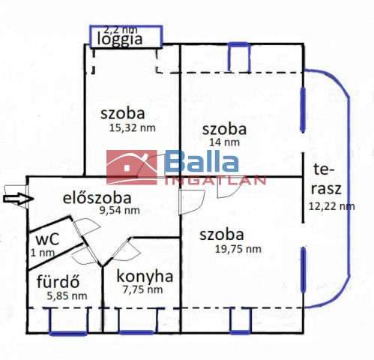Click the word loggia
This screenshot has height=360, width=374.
(120, 39)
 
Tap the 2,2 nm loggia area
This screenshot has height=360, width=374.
(121, 30)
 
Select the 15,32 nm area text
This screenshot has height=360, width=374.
(133, 128)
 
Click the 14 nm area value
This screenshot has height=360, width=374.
(224, 142)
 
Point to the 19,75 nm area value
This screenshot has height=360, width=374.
(238, 249)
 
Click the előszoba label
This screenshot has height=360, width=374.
(97, 197)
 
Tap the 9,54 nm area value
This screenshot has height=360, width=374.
(120, 210)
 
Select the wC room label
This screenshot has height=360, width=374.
(47, 238)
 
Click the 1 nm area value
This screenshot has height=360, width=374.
(43, 253)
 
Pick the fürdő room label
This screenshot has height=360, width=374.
(58, 281)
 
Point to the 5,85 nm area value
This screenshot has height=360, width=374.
(67, 296)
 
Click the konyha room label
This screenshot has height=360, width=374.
(145, 276)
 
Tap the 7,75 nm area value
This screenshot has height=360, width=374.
(142, 289)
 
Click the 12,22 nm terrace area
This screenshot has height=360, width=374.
(332, 206)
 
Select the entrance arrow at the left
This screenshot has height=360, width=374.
(19, 199)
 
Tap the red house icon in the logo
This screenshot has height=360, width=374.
(132, 167)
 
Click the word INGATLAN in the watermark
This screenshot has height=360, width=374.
(215, 181)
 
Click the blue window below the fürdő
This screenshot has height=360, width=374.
(68, 333)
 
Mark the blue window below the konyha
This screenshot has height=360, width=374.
(136, 332)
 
